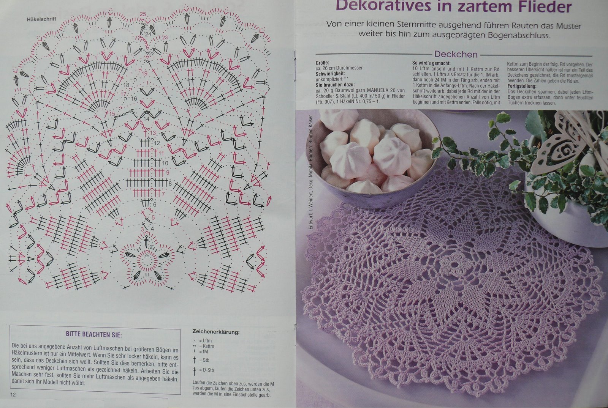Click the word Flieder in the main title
(x=540, y=7)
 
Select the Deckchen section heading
(x=456, y=54)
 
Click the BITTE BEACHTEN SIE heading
(x=94, y=335)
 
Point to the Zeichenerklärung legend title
(x=216, y=332)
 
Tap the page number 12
(x=13, y=395)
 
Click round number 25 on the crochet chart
(x=143, y=14)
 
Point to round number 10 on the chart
(x=165, y=163)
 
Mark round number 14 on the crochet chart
(x=146, y=119)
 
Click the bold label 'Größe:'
(x=322, y=63)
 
